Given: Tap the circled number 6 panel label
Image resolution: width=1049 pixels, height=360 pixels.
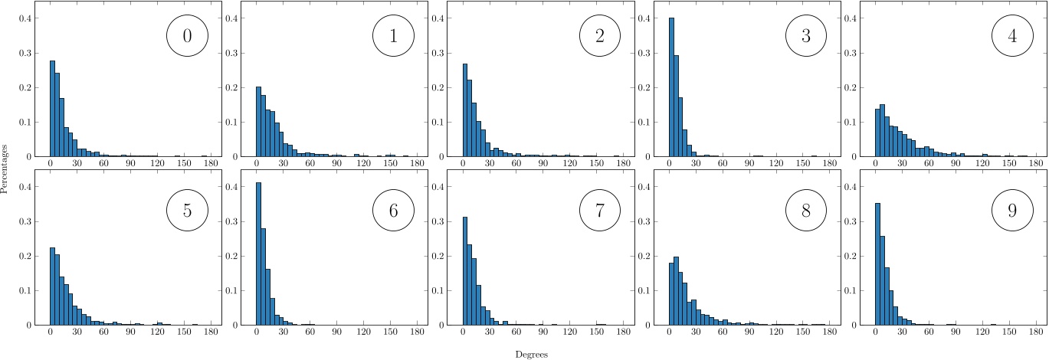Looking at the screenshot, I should pyautogui.click(x=393, y=211).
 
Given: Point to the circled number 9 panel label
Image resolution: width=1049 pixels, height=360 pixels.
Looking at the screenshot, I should pyautogui.click(x=1012, y=211).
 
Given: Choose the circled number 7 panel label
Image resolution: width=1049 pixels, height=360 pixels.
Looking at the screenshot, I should pyautogui.click(x=599, y=211).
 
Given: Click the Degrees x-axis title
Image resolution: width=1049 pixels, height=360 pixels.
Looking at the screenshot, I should pyautogui.click(x=531, y=355).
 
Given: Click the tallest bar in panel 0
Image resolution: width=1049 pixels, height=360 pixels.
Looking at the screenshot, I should pyautogui.click(x=52, y=109).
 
